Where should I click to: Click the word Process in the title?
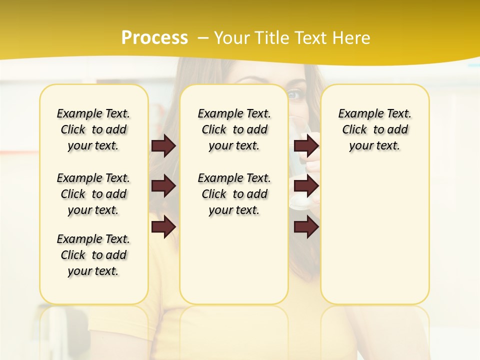(154, 37)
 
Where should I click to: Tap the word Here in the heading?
(352, 38)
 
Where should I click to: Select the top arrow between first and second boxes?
(163, 145)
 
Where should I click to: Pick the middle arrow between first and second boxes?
(163, 186)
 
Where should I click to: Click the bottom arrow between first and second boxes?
(163, 226)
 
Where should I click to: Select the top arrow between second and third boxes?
(306, 145)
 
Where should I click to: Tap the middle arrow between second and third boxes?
(306, 186)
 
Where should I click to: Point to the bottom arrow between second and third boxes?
(306, 226)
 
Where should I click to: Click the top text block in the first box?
(93, 129)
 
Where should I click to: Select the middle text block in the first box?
(93, 194)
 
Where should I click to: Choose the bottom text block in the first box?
(93, 255)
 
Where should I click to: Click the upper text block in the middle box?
(234, 129)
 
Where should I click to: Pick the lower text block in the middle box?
(234, 194)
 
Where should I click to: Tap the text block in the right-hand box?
(375, 129)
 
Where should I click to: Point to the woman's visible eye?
(294, 93)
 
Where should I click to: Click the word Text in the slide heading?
(313, 38)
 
